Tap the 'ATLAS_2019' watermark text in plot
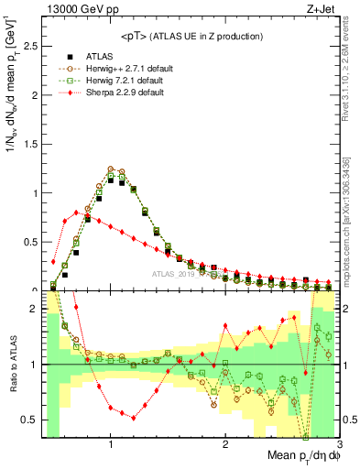click(175, 274)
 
